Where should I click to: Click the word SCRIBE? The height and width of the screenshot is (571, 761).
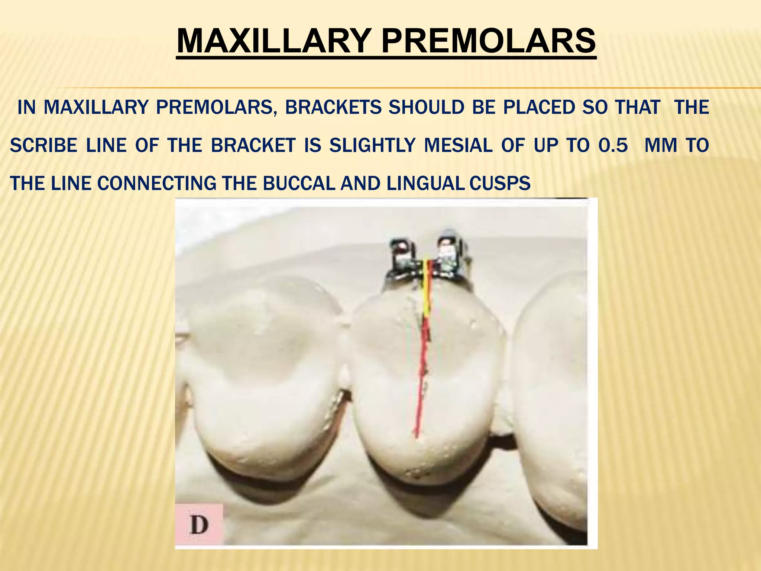click(x=43, y=145)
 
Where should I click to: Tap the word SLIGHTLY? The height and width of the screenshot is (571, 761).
click(x=372, y=145)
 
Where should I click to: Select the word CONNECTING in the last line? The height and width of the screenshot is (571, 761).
click(x=157, y=183)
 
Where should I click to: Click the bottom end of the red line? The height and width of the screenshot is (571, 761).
click(x=417, y=436)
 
